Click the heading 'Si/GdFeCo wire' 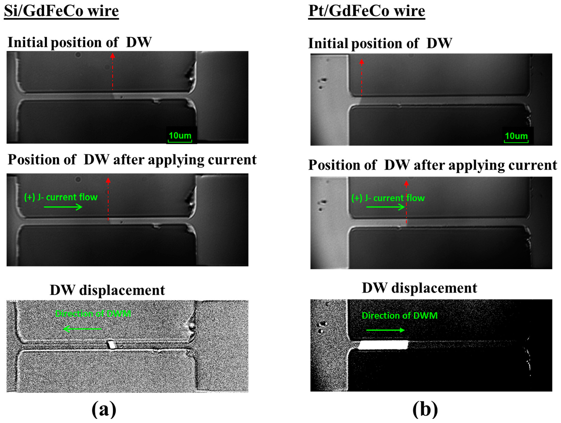(x=61, y=11)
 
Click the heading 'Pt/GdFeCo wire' (x=366, y=11)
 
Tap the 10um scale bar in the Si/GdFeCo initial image (x=180, y=137)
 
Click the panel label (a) (x=104, y=409)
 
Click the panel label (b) (x=425, y=409)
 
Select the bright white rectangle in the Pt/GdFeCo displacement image (x=383, y=345)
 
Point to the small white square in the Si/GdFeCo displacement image (x=111, y=344)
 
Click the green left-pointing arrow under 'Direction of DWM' (x=83, y=329)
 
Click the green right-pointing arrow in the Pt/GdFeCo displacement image (x=385, y=330)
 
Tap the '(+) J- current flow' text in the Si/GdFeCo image (x=61, y=197)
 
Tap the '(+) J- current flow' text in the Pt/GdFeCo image (x=388, y=198)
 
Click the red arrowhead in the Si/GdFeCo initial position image (x=113, y=55)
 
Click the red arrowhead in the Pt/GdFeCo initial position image (x=361, y=62)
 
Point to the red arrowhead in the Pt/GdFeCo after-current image (x=406, y=184)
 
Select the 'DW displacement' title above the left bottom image (x=107, y=290)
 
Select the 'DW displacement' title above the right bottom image (x=419, y=288)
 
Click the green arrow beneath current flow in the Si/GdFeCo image (x=63, y=207)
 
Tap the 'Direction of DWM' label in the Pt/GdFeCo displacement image (x=399, y=316)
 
